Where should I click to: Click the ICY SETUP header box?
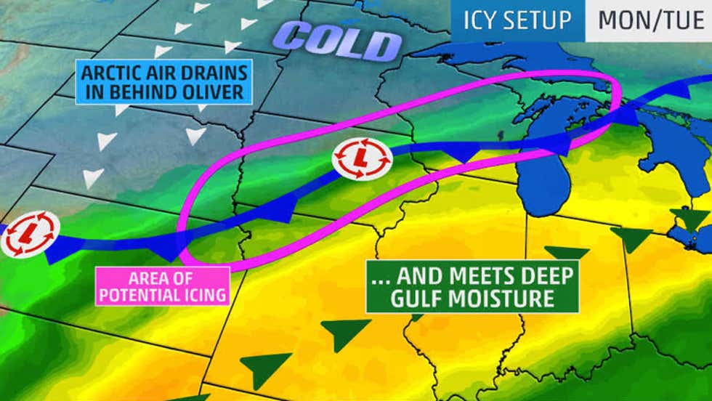tap(517, 20)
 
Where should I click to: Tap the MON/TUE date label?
tap(649, 20)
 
